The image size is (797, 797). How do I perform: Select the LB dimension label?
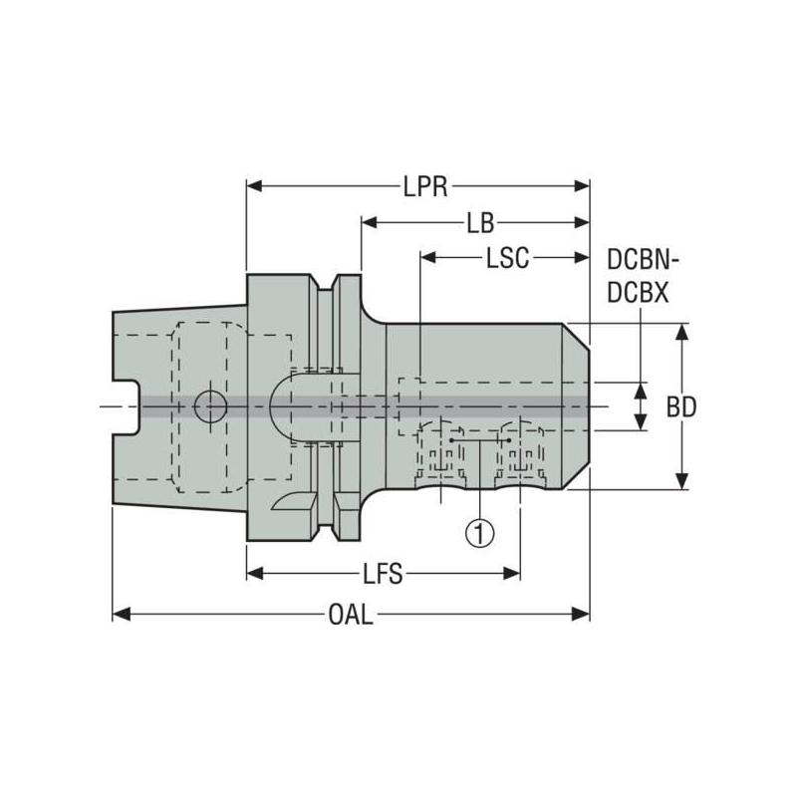pos(481,222)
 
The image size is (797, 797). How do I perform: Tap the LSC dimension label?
pos(507,258)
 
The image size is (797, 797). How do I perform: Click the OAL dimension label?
pos(350,615)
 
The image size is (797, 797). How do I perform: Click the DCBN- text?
pos(643,262)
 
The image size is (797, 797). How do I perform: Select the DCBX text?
pos(639,292)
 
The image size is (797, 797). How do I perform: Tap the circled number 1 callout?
pos(480,533)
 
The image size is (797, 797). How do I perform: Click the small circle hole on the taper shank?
pos(210,405)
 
